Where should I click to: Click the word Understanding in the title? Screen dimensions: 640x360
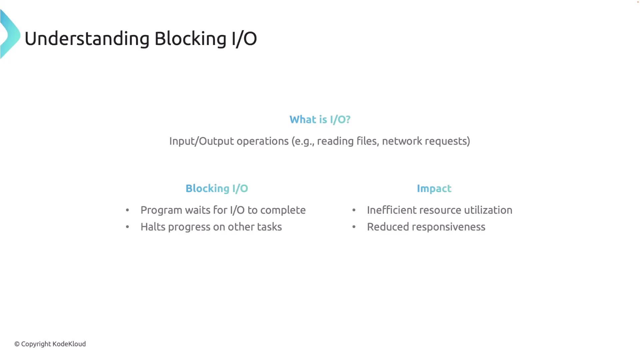[x=87, y=39]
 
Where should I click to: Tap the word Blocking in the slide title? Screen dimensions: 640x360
[x=190, y=39]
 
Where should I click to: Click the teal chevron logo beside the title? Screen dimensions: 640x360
[x=10, y=34]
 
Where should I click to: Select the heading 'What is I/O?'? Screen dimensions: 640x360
[x=320, y=119]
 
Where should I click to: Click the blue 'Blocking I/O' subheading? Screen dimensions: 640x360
[x=217, y=188]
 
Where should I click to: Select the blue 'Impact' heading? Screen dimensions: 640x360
[x=434, y=189]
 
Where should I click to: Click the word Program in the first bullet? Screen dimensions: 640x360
[x=161, y=210]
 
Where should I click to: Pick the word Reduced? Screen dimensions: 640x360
[x=388, y=227]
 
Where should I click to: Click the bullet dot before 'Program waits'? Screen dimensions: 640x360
[x=127, y=210]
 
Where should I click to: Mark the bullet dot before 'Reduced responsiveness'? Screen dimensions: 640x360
[x=354, y=227]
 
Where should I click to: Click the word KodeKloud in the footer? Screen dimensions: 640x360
[x=69, y=344]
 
